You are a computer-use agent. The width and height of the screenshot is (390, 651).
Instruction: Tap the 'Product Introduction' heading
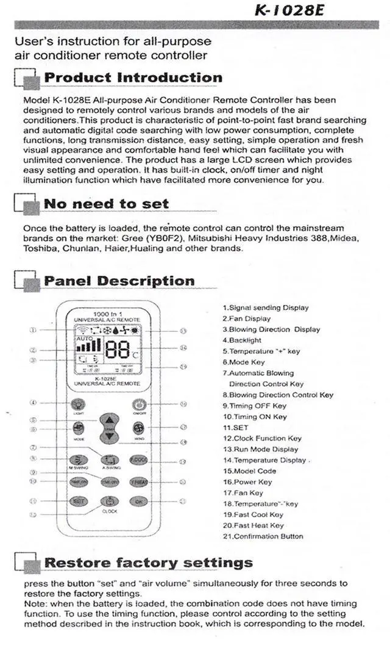133,77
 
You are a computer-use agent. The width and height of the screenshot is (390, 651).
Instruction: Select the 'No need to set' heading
106,204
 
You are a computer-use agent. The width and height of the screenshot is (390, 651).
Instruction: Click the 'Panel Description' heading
119,281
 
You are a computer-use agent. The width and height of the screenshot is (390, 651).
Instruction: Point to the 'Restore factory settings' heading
149,562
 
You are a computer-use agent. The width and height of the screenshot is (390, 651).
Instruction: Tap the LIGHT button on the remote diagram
77,405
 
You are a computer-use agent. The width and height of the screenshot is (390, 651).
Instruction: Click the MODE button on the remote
79,428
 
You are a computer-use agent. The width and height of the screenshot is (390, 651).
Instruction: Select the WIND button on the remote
138,429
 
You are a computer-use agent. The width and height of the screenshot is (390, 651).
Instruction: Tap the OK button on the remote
138,501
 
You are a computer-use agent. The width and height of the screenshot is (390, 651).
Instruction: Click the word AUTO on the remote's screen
85,338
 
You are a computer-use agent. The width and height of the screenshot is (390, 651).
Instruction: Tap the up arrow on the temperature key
109,420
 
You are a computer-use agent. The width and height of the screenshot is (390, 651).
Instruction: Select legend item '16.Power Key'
247,481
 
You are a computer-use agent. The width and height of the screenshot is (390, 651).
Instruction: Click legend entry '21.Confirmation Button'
263,536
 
